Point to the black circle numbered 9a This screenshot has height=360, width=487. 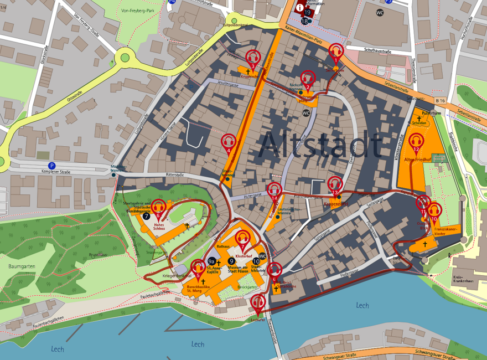[211, 261]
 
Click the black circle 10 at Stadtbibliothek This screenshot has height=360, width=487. [256, 261]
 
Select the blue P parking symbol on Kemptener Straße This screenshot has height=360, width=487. [52, 166]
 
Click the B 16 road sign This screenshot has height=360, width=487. [440, 100]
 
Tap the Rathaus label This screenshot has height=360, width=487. [223, 246]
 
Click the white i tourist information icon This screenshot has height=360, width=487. [300, 8]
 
